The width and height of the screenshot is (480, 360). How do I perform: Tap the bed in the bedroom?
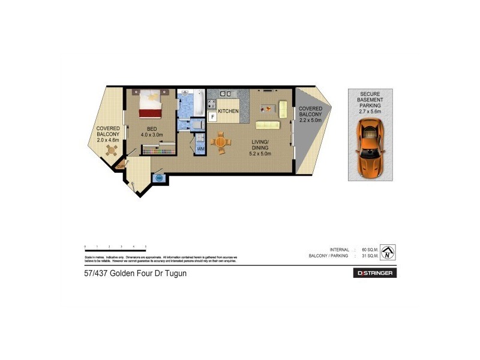click(150, 105)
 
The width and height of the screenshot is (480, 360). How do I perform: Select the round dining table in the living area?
click(221, 143)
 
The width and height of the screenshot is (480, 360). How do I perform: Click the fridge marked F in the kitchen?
click(212, 116)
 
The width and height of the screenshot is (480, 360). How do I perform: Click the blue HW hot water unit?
click(160, 178)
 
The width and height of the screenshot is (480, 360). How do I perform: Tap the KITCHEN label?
click(229, 112)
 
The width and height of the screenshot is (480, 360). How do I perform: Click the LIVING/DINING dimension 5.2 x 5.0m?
click(260, 154)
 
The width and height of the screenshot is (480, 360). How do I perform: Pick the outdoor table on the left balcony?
click(110, 151)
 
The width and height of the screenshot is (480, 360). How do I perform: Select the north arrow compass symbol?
click(388, 253)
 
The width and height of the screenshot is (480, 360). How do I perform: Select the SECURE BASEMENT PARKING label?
click(370, 102)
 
